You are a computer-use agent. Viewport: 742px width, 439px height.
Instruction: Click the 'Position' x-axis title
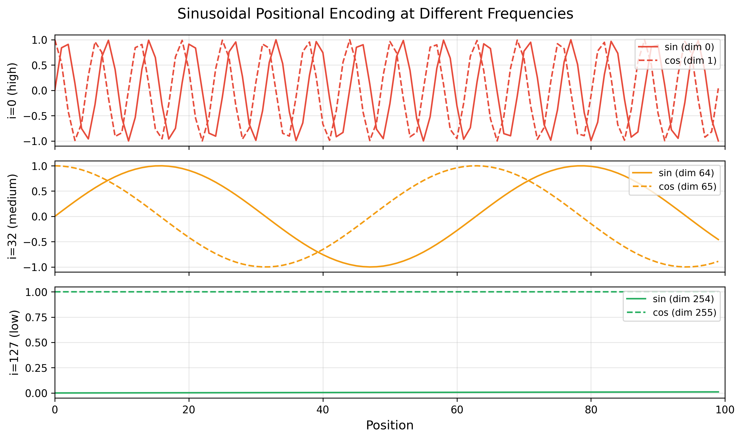pyautogui.click(x=390, y=425)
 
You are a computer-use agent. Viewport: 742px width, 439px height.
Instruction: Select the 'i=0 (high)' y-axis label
pyautogui.click(x=12, y=90)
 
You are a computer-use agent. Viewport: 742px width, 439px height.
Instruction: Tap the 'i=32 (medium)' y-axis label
pyautogui.click(x=12, y=217)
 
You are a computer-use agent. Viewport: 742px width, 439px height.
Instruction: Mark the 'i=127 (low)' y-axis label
pyautogui.click(x=14, y=343)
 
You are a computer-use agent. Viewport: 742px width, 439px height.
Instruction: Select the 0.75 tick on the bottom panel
pyautogui.click(x=36, y=317)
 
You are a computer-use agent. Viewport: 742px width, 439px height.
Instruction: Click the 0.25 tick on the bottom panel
pyautogui.click(x=36, y=368)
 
